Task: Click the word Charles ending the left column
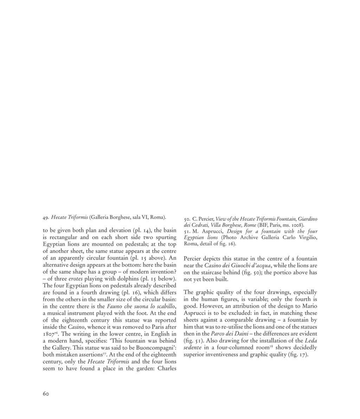pos(167,368)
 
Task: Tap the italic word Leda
pos(311,341)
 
